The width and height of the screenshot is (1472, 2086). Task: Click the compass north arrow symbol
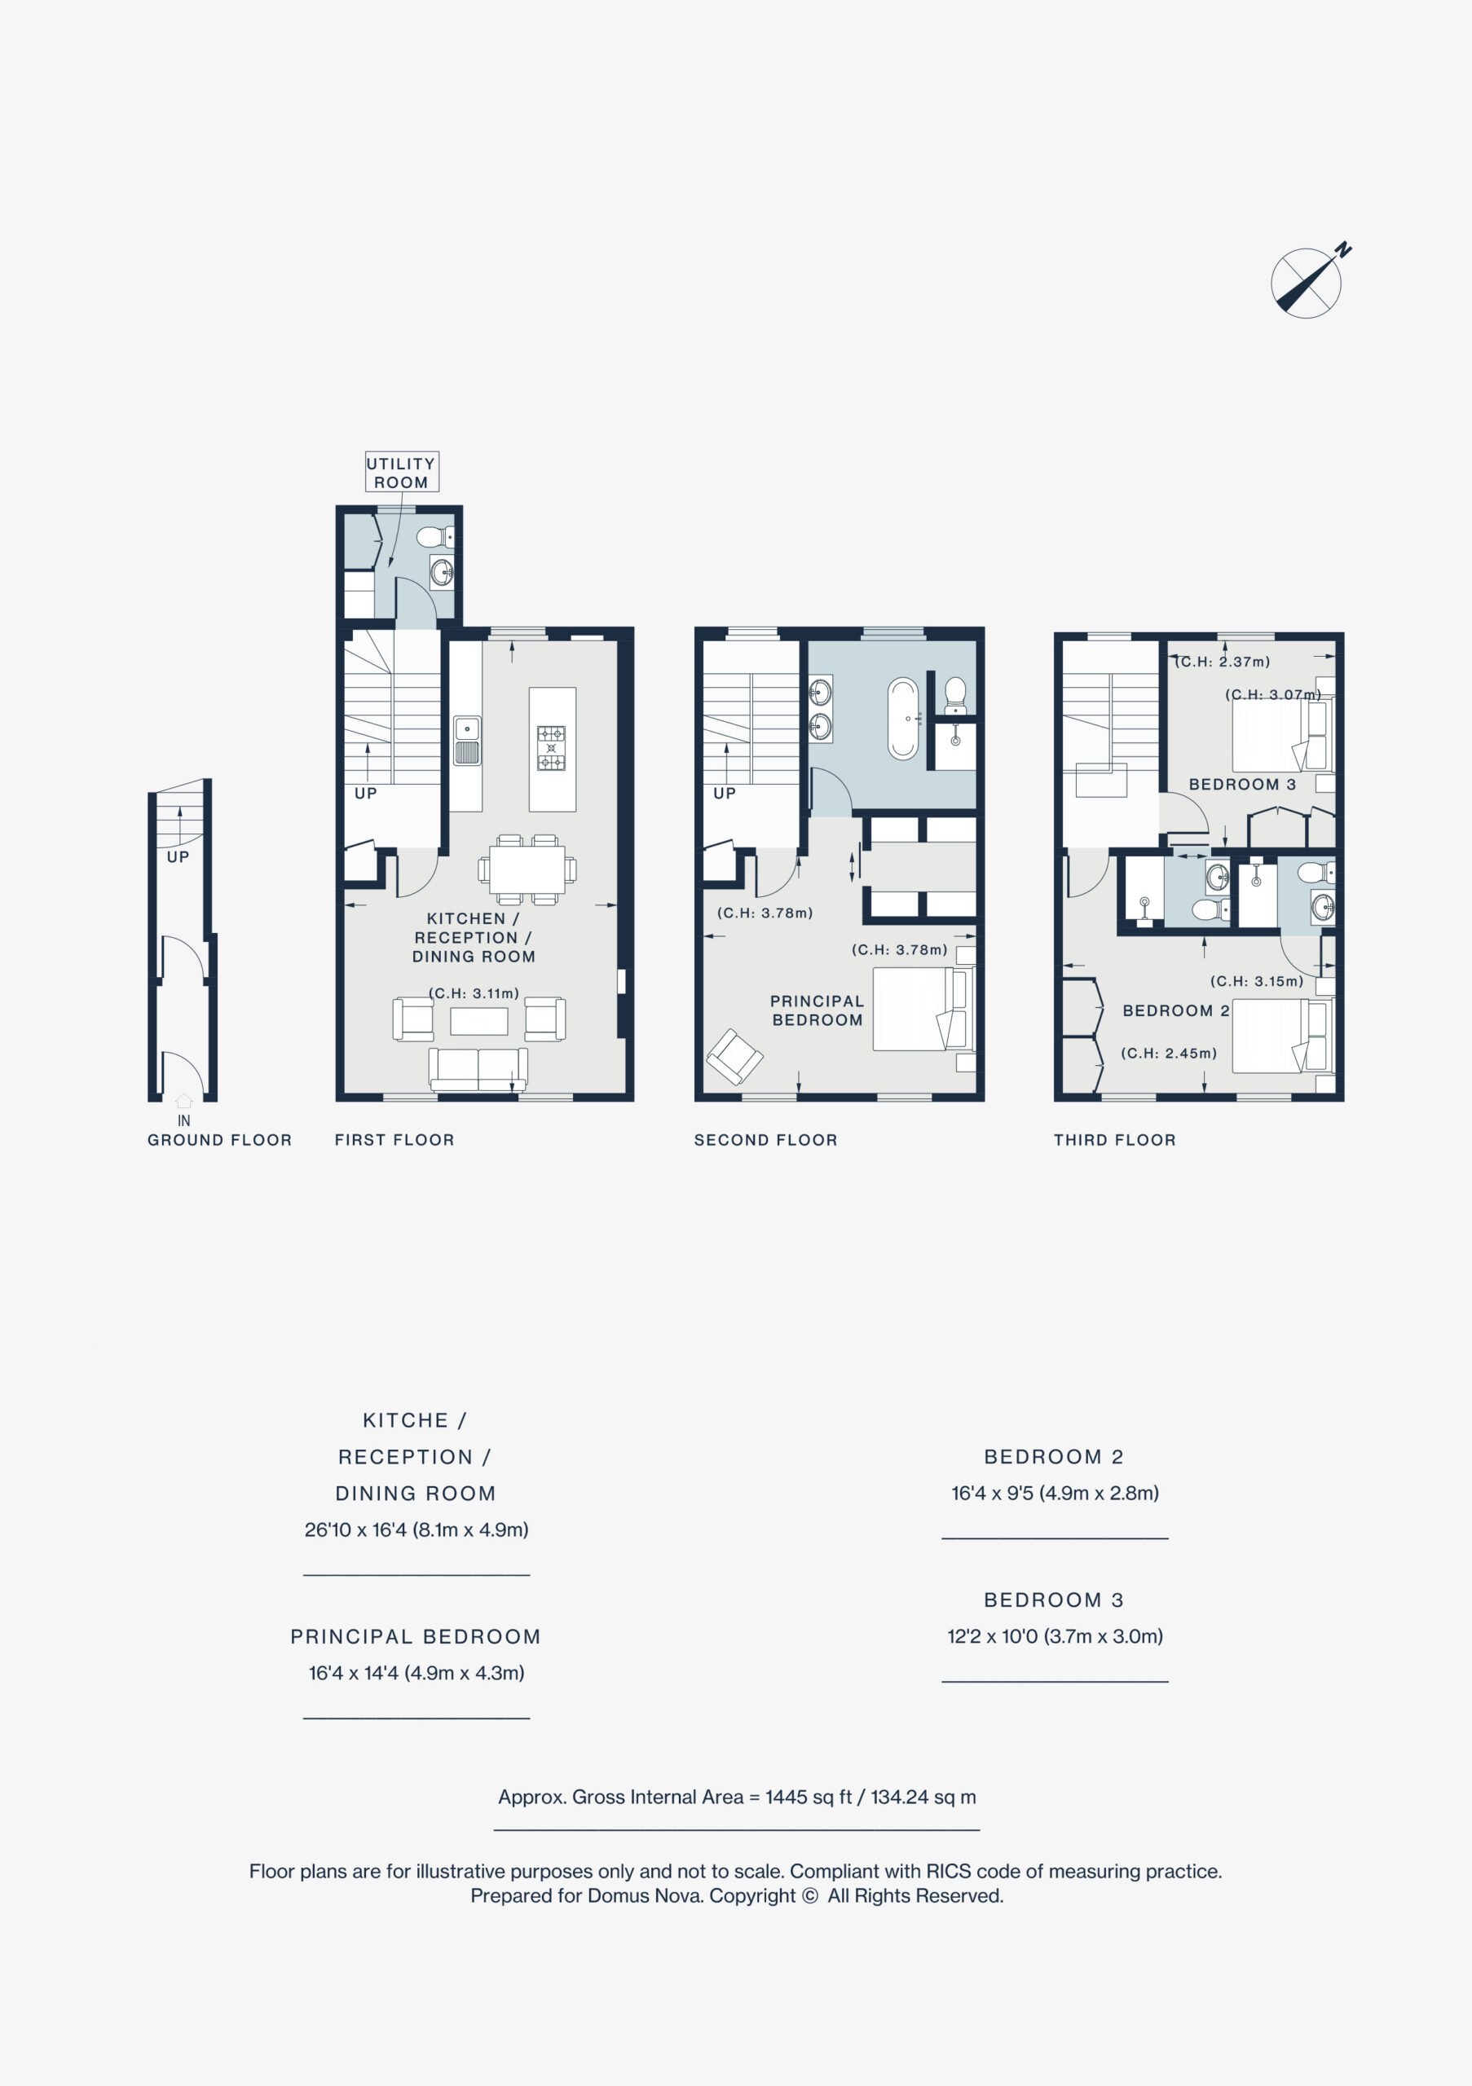1309,281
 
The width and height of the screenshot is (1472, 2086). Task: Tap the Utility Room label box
402,473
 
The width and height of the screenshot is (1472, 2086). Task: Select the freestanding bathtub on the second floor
903,718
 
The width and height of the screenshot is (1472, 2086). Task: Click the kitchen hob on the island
551,748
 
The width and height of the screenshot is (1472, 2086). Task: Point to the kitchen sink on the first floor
467,741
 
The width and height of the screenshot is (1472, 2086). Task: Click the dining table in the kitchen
527,869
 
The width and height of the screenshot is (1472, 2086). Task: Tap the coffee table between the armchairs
479,1021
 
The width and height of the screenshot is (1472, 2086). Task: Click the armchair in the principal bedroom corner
734,1056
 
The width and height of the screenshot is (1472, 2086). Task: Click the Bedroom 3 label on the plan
1242,784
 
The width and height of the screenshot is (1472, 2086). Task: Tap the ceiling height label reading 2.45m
1169,1053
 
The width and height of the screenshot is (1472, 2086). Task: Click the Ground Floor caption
220,1140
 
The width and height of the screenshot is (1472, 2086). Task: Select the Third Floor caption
1115,1140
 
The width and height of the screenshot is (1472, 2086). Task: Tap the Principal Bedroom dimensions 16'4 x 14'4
416,1673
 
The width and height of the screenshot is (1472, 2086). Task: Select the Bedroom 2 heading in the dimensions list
1054,1456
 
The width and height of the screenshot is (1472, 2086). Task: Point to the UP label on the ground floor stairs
178,856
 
